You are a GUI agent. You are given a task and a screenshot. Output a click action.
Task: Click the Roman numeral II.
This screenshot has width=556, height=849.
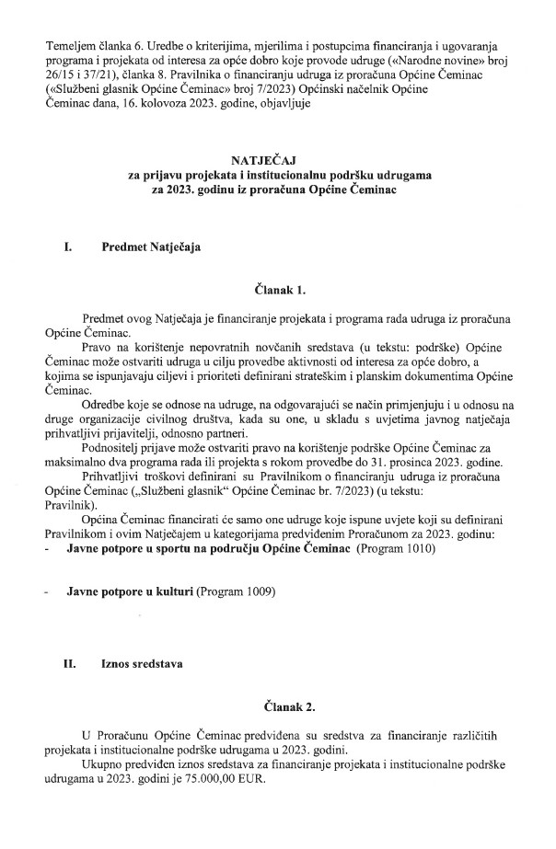click(x=68, y=660)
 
